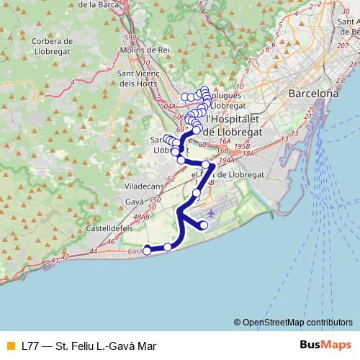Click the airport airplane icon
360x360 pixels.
210,214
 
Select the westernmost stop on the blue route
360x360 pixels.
147,251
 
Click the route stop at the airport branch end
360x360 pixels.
204,225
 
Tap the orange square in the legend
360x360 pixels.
9,346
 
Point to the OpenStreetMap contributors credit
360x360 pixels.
293,323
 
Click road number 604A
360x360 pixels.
167,106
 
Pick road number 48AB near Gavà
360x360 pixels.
140,216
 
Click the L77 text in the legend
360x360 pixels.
30,346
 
